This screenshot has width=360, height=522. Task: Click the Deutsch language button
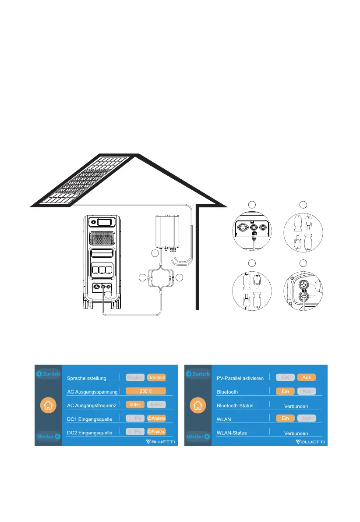pyautogui.click(x=156, y=377)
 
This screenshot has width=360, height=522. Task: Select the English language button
pyautogui.click(x=135, y=377)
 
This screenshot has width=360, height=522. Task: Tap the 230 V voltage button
pyautogui.click(x=145, y=391)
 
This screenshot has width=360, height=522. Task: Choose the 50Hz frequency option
pyautogui.click(x=135, y=405)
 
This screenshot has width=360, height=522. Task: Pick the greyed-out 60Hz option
pyautogui.click(x=156, y=405)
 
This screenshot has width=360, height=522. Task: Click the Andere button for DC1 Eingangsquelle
pyautogui.click(x=156, y=418)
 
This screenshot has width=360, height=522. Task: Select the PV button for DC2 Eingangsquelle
pyautogui.click(x=135, y=432)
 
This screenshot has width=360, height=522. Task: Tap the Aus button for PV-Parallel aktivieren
pyautogui.click(x=307, y=377)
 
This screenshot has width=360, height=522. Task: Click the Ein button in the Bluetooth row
pyautogui.click(x=285, y=391)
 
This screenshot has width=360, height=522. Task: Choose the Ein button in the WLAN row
pyautogui.click(x=285, y=418)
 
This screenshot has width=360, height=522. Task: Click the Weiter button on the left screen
pyautogui.click(x=48, y=437)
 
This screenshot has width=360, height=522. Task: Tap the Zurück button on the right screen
pyautogui.click(x=198, y=374)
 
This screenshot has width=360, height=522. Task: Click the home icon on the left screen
pyautogui.click(x=48, y=405)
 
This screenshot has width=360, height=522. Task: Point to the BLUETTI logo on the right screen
pyautogui.click(x=309, y=441)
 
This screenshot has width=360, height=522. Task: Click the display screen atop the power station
pyautogui.click(x=104, y=223)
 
